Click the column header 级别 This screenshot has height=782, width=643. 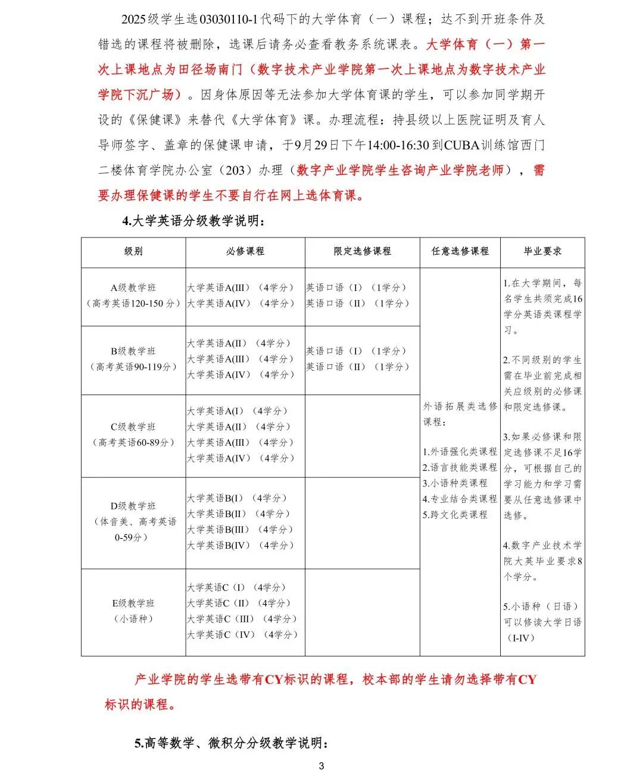click(133, 252)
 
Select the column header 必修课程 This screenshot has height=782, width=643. click(245, 252)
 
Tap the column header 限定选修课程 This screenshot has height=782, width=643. click(362, 252)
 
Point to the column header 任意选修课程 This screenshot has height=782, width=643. click(460, 252)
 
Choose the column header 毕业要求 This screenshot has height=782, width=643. click(542, 252)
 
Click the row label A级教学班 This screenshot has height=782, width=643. click(133, 287)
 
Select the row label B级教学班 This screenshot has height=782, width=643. click(133, 351)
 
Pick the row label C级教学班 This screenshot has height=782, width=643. click(133, 427)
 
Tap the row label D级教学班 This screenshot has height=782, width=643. click(133, 506)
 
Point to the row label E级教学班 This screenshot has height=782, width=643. click(133, 603)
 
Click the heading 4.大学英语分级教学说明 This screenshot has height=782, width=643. click(193, 221)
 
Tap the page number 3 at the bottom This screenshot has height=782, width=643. click(321, 766)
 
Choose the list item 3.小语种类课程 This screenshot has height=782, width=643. click(455, 483)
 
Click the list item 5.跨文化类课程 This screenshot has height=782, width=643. click(455, 515)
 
